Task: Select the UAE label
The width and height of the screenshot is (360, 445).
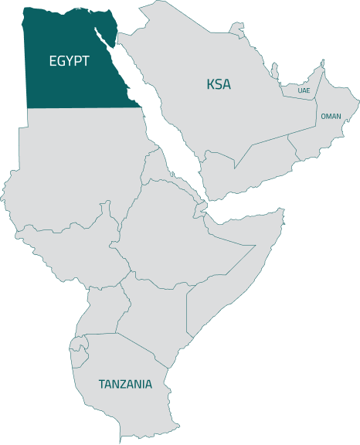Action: point(304,90)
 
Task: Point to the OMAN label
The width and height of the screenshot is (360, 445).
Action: point(331,116)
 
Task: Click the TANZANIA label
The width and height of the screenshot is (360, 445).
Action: point(125,383)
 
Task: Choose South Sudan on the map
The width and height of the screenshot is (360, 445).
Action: point(77,247)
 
